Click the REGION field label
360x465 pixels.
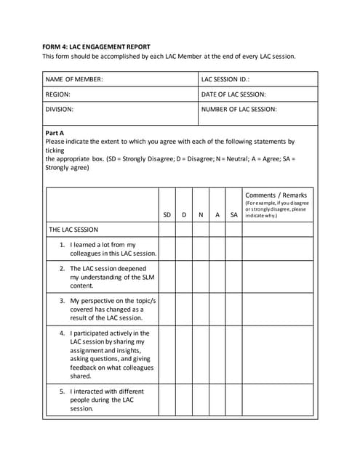58,94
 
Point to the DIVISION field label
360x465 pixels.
60,110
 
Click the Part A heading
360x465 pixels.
55,133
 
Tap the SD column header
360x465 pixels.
167,215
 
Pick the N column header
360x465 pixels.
201,215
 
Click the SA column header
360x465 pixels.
233,215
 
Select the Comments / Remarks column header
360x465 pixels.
276,195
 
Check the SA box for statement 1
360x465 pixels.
233,249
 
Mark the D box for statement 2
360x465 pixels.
184,277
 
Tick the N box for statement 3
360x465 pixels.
201,309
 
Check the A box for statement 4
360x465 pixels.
217,355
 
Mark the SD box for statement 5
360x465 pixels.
167,400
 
